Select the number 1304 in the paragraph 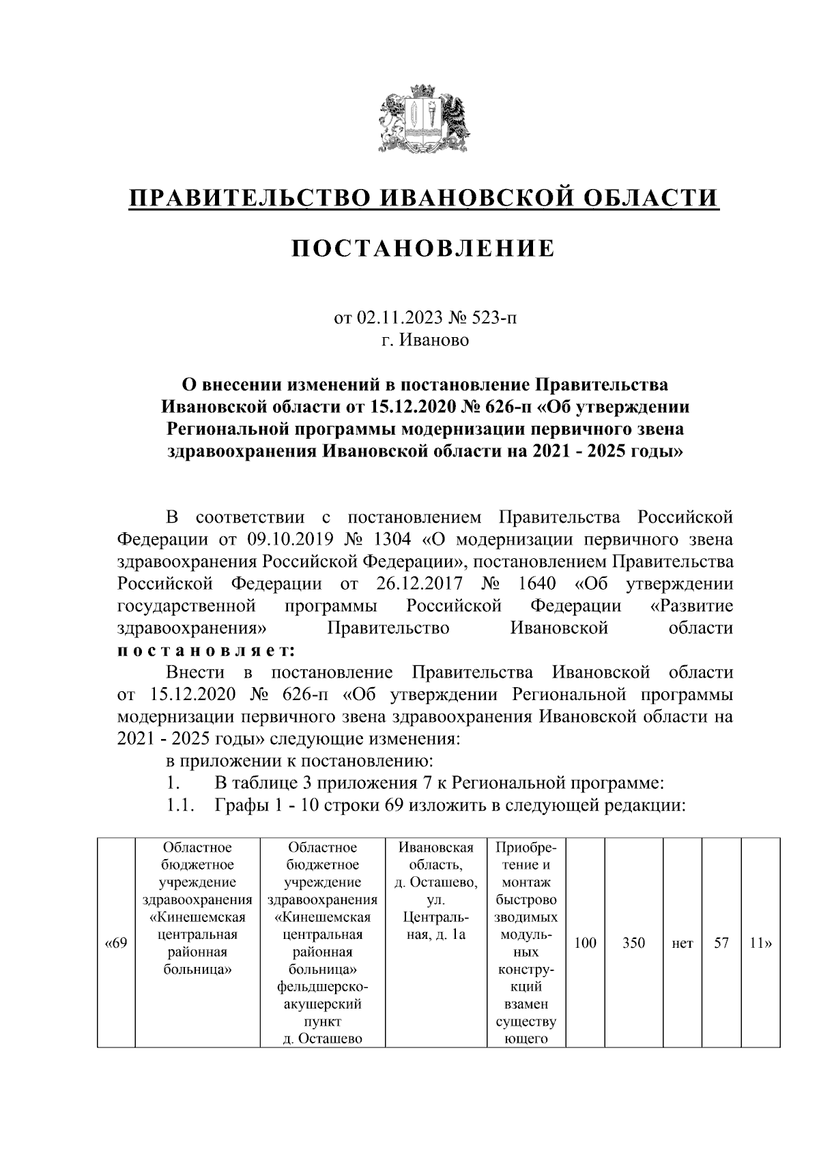(x=392, y=539)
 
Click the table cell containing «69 (x=116, y=944)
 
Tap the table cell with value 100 (x=585, y=944)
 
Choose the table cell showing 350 (x=634, y=944)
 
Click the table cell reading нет (x=682, y=944)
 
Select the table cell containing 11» (x=760, y=944)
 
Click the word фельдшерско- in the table (x=323, y=987)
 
